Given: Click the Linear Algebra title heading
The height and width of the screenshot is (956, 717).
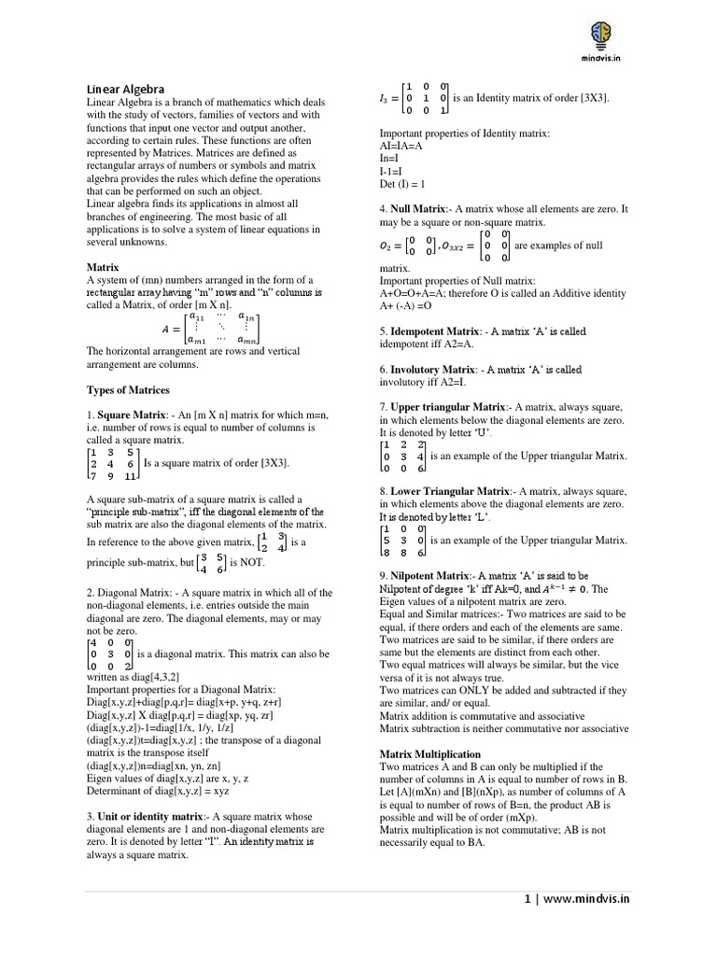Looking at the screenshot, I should click(x=125, y=89).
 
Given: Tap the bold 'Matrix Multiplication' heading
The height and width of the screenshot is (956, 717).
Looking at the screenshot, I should click(x=430, y=753).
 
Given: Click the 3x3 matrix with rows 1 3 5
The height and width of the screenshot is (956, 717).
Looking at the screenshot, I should click(x=113, y=463).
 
